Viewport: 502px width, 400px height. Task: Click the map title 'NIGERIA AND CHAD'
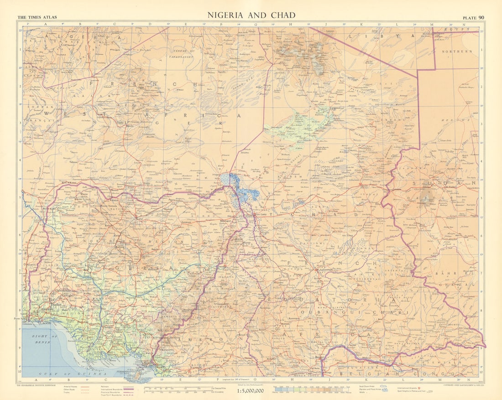pos(251,15)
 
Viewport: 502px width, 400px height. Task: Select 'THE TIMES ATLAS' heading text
pos(37,17)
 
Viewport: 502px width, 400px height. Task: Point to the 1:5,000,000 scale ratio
pos(251,391)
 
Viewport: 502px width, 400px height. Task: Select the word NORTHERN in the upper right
pos(457,52)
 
